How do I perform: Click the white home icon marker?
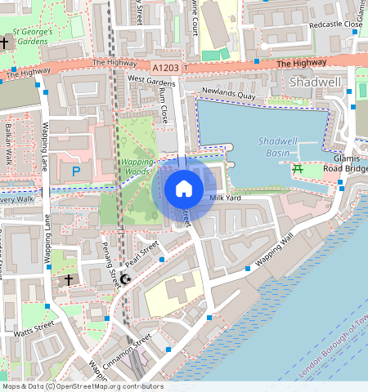point(184,189)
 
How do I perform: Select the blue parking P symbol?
point(76,171)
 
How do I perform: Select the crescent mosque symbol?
point(125,279)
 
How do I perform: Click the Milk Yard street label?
point(225,198)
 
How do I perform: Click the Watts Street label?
point(34,329)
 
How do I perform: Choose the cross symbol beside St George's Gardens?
point(5,42)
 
